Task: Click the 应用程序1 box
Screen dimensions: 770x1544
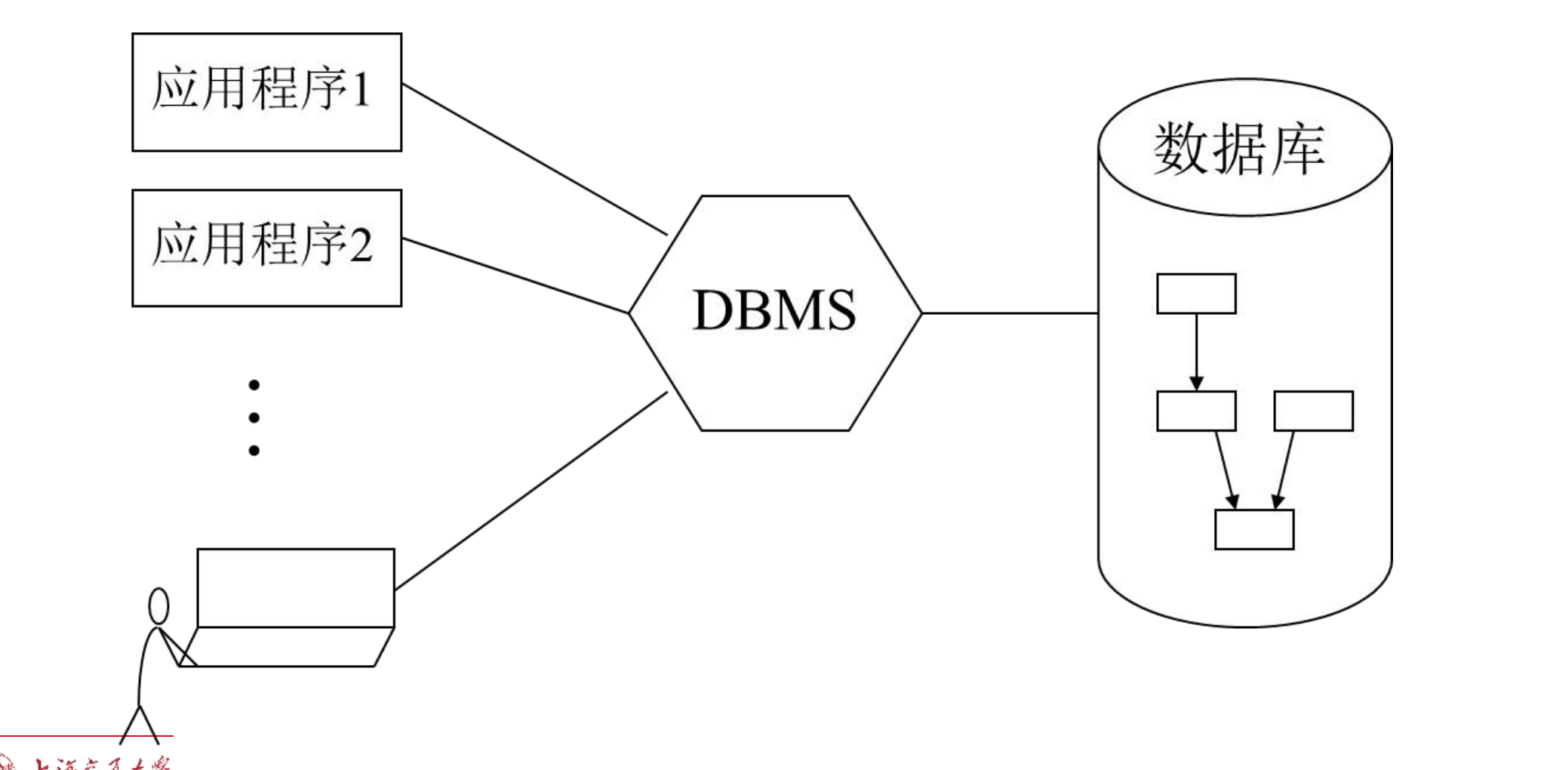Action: (x=266, y=92)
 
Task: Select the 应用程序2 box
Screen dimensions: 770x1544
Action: (x=266, y=248)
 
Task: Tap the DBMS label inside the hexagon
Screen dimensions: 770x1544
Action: (x=774, y=310)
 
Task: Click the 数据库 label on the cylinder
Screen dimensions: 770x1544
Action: (x=1238, y=149)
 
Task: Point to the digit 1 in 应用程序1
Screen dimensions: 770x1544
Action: (x=360, y=90)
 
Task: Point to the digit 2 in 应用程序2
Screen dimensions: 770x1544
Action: (x=360, y=245)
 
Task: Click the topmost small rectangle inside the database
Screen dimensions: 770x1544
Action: (x=1196, y=294)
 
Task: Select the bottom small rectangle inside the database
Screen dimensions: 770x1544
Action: (x=1254, y=529)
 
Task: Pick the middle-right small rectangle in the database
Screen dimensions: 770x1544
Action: (x=1313, y=411)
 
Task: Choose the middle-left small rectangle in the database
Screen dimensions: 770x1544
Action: (x=1196, y=411)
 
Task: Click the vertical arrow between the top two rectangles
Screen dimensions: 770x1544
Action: (x=1196, y=351)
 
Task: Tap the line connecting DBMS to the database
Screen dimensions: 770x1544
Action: (x=1010, y=313)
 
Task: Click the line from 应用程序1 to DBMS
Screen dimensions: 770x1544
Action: (x=534, y=159)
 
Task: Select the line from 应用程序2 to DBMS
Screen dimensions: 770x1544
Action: (x=515, y=276)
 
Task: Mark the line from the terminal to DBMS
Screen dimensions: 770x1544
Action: (x=531, y=491)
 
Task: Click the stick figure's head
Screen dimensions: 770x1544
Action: (x=158, y=606)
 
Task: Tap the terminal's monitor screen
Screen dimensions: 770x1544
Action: (x=296, y=587)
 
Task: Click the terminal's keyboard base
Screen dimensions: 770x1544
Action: (x=287, y=647)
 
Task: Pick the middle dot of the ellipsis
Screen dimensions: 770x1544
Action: (x=254, y=417)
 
